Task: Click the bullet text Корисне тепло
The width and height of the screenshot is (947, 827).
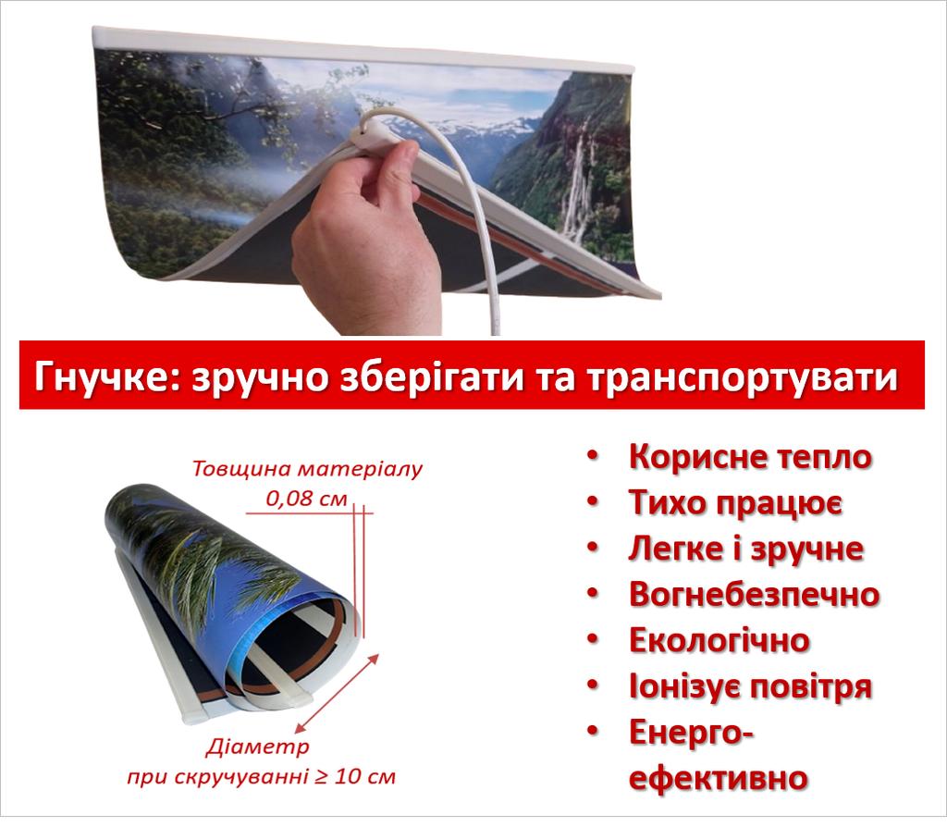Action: click(750, 457)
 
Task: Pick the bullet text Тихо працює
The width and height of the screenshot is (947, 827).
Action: click(734, 502)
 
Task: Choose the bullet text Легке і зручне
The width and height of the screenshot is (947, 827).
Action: click(745, 549)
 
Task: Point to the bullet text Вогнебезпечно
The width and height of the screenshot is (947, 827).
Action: click(754, 594)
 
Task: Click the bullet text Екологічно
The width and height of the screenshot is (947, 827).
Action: click(719, 640)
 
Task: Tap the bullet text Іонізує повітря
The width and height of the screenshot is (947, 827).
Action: click(750, 686)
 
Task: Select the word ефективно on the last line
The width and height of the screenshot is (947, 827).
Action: click(718, 777)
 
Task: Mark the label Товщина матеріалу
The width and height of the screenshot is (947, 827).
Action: click(307, 467)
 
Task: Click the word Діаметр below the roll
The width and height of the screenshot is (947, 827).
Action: click(257, 746)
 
